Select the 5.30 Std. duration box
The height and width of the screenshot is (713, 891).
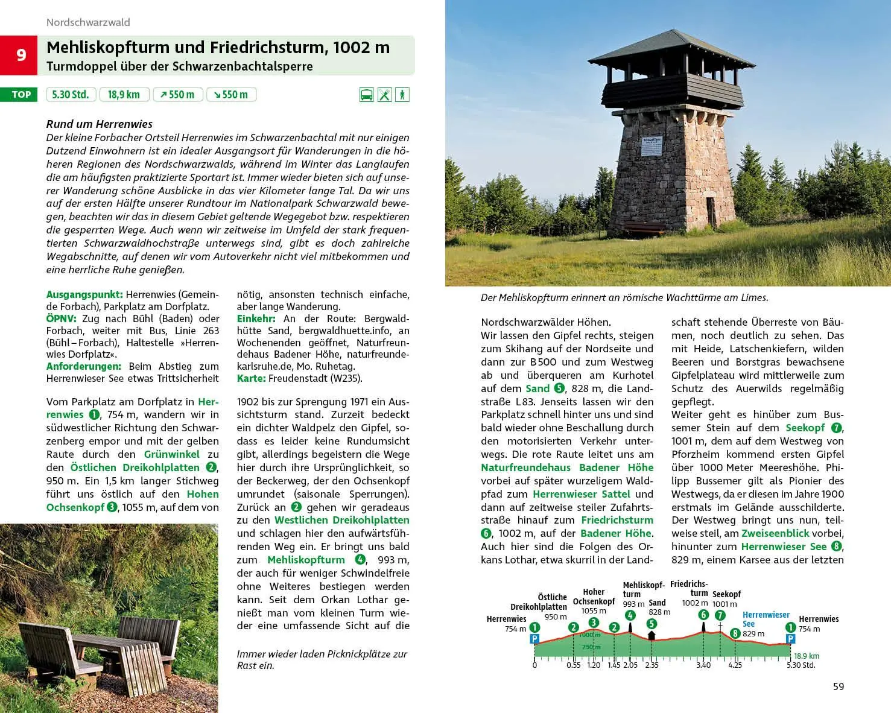pyautogui.click(x=71, y=95)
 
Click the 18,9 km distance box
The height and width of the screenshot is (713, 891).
pyautogui.click(x=124, y=95)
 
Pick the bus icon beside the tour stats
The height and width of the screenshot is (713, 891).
pyautogui.click(x=366, y=95)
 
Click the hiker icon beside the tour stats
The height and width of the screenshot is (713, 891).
pyautogui.click(x=402, y=95)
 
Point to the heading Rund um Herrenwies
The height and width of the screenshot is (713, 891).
pyautogui.click(x=100, y=124)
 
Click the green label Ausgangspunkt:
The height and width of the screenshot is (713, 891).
pyautogui.click(x=84, y=295)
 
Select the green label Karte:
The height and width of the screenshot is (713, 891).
pyautogui.click(x=251, y=379)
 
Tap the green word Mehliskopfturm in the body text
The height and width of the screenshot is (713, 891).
pyautogui.click(x=306, y=560)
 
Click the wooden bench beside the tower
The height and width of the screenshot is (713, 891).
pyautogui.click(x=644, y=228)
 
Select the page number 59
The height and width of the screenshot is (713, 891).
pyautogui.click(x=838, y=686)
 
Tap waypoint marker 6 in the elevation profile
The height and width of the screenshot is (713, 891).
pyautogui.click(x=703, y=615)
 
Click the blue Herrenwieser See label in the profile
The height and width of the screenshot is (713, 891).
pyautogui.click(x=766, y=619)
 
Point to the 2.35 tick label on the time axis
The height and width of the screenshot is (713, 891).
pyautogui.click(x=652, y=665)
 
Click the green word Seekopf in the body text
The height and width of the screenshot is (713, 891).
pyautogui.click(x=805, y=428)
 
